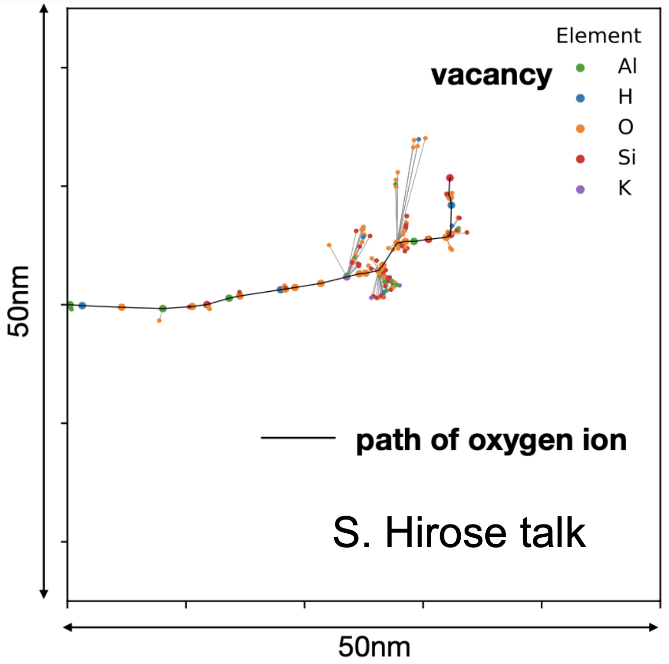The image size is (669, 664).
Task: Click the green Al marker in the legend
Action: (580, 68)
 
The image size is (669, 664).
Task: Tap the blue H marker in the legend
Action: (580, 98)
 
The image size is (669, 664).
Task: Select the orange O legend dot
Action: (580, 129)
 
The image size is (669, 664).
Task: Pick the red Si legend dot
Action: (580, 159)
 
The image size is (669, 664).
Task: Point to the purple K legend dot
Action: (580, 190)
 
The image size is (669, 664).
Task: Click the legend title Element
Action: (598, 36)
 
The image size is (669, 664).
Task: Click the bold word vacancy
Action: (491, 76)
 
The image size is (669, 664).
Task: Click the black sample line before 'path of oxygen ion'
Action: (298, 437)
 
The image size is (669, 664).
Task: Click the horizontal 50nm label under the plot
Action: (374, 647)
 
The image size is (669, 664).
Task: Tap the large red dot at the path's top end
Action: (449, 178)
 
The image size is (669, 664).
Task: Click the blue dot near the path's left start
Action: (82, 305)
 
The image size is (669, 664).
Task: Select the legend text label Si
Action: (626, 158)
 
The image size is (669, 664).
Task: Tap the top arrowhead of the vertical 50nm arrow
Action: (44, 9)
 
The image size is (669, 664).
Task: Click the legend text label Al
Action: (627, 66)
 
